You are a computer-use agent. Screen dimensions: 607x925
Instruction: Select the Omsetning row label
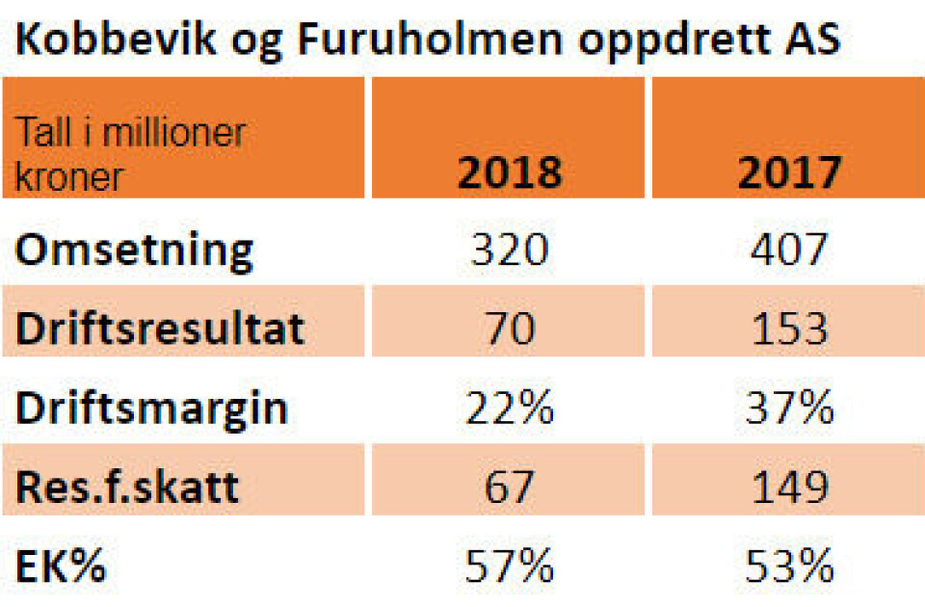(134, 251)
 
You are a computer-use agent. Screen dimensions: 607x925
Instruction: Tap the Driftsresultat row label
(160, 329)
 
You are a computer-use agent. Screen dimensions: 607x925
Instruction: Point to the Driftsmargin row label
(151, 409)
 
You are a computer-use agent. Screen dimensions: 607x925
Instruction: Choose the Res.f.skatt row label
(127, 487)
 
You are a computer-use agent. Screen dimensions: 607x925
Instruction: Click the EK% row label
(60, 567)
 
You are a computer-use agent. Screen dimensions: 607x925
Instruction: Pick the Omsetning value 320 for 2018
(509, 251)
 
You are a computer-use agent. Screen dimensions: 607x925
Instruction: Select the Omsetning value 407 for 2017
(789, 251)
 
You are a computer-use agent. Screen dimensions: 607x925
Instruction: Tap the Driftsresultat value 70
(509, 329)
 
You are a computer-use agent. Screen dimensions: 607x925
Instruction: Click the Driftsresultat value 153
(789, 329)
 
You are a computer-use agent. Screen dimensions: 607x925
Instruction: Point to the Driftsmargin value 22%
(509, 409)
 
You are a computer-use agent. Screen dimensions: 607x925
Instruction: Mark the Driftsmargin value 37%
(789, 409)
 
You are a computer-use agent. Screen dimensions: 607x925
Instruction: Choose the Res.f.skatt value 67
(509, 487)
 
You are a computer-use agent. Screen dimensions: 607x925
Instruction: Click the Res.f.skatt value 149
(789, 487)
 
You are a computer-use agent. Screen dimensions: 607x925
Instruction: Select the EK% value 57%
(509, 567)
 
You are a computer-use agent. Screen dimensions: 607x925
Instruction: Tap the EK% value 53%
(789, 567)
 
